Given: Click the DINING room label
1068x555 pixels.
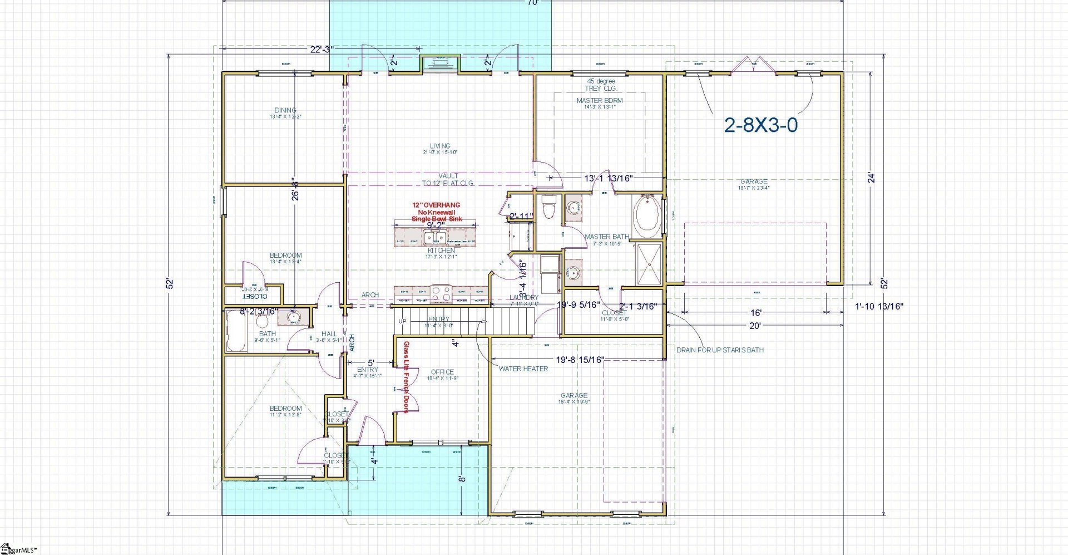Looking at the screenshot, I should coord(285,110).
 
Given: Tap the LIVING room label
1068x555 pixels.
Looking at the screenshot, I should coord(440,146).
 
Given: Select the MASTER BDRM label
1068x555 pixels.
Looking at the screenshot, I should coord(600,101).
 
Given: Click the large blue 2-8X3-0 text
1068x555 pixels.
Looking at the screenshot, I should coord(760,125).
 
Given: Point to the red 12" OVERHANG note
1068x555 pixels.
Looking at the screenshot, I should coord(436,205).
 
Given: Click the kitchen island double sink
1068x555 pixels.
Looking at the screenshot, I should coord(434,238).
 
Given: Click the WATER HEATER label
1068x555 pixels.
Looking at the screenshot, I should coord(523,369).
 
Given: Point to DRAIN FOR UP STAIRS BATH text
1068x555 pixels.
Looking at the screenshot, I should coord(720,350).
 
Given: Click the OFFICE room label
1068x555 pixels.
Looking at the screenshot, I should coord(442,372).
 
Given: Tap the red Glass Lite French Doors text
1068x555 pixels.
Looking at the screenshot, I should coord(407,377).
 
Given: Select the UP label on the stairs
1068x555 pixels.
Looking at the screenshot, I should coord(402,321).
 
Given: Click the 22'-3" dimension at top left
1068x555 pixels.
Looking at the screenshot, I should coord(322,49).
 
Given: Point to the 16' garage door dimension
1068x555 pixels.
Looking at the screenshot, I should coord(755,313).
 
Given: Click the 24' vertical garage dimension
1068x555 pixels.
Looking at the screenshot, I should coord(872,178).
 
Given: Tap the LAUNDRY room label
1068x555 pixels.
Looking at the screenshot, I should coord(524,298).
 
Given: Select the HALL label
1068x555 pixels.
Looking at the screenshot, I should coord(329,334).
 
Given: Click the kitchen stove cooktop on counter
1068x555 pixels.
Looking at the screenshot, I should coord(440,291).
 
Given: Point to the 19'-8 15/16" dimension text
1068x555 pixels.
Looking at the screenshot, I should coord(580,360).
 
